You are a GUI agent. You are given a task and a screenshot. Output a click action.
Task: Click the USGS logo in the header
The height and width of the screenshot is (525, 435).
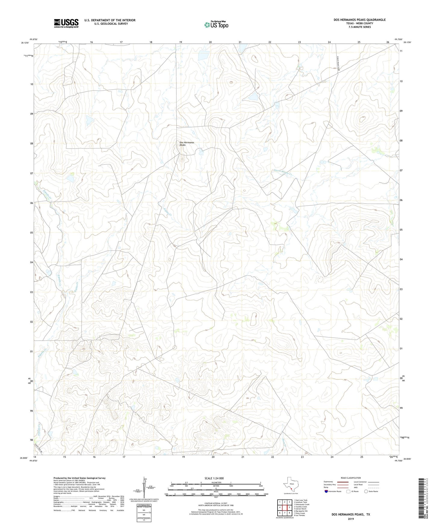tap(66, 23)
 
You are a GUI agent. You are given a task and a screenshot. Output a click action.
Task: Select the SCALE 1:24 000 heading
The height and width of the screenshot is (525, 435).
tap(214, 478)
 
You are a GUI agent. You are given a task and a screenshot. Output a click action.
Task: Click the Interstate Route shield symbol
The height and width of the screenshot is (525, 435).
tap(326, 491)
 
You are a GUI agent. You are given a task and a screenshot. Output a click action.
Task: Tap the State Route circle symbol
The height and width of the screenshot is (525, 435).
tap(366, 491)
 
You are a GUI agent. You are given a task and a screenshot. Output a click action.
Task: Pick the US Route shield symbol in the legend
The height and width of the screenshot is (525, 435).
tap(349, 491)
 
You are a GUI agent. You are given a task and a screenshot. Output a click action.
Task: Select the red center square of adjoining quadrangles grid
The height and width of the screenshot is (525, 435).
tap(284, 508)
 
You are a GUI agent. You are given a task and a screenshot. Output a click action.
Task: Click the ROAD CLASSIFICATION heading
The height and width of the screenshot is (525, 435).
tap(351, 478)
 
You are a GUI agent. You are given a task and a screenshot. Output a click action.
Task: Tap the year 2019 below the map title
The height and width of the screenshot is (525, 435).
tap(351, 519)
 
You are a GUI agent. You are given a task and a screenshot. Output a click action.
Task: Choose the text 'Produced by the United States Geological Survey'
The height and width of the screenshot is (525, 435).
tap(79, 478)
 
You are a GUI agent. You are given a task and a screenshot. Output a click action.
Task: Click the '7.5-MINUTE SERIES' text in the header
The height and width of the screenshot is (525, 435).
tap(359, 27)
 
